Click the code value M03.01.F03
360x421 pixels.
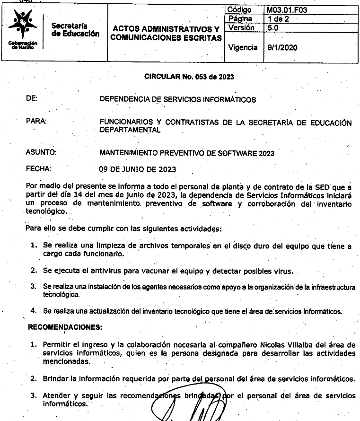coord(290,9)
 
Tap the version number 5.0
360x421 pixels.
coord(273,28)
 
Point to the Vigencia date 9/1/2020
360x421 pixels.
coord(282,47)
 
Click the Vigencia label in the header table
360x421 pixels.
coord(243,47)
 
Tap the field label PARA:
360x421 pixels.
coord(36,122)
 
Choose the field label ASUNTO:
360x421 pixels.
coord(42,152)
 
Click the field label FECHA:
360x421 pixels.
coord(39,168)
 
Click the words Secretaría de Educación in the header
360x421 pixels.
coord(76,30)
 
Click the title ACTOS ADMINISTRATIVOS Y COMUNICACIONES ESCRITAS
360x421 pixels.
coord(166,33)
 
